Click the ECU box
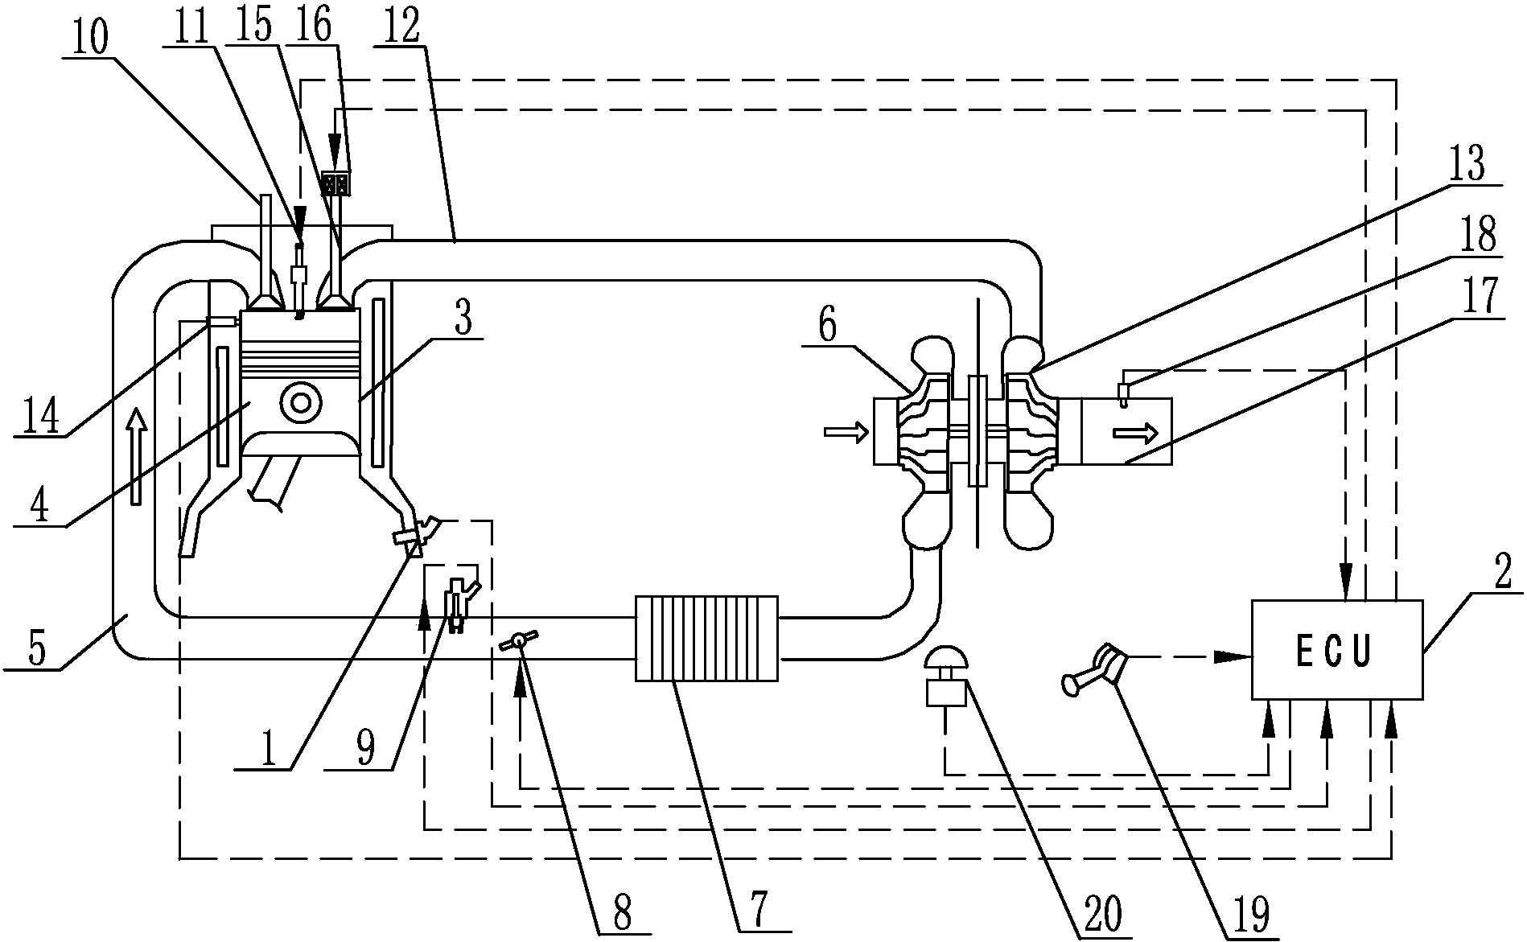1336,649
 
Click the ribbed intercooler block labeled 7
706,638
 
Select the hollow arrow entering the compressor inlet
846,433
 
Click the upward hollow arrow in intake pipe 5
136,455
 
